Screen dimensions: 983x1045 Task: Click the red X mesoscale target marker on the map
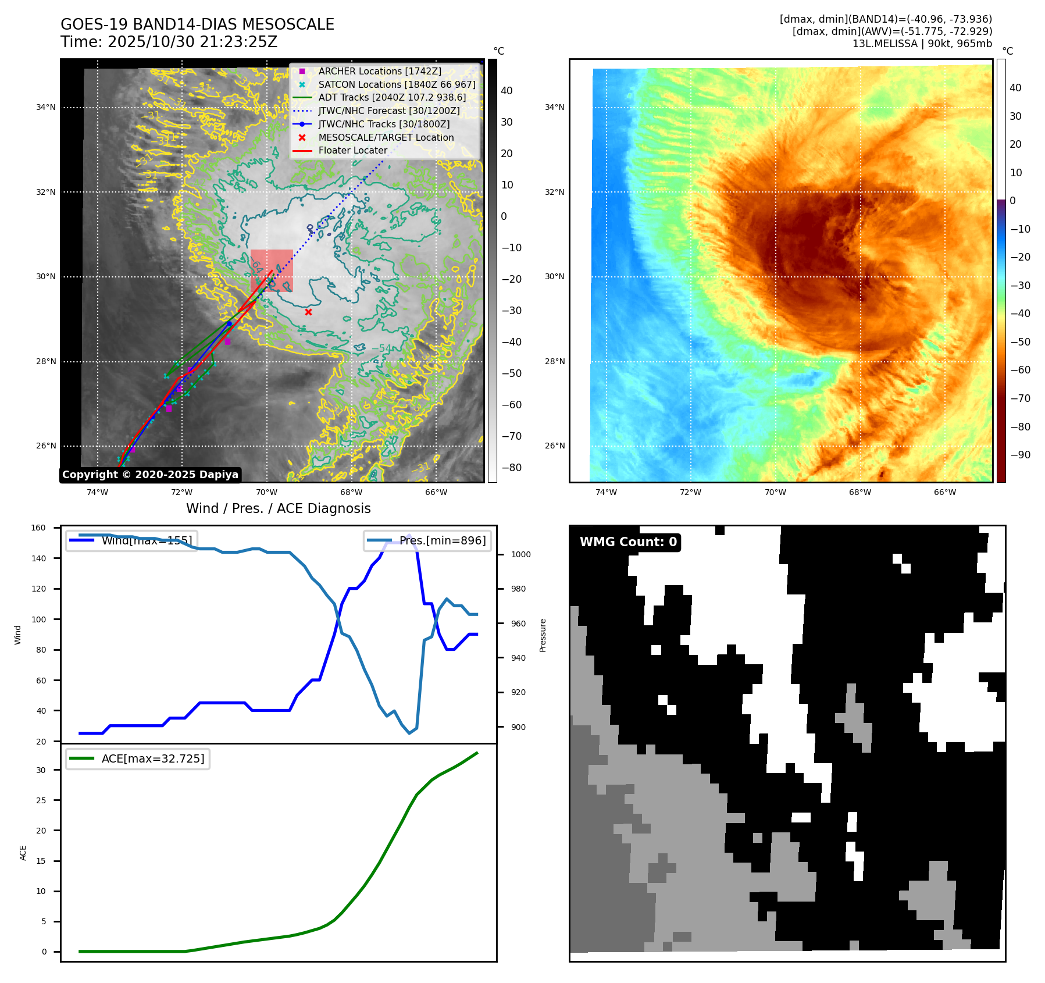click(308, 312)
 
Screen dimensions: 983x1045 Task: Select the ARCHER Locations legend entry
click(379, 71)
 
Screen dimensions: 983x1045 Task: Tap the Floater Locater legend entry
click(352, 150)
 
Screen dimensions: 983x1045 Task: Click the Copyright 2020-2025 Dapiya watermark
click(150, 475)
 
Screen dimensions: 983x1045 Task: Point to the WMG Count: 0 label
click(628, 542)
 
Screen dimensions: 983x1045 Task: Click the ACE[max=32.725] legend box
click(138, 758)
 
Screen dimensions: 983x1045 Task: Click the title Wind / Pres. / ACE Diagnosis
click(278, 508)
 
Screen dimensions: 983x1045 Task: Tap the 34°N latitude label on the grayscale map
click(46, 107)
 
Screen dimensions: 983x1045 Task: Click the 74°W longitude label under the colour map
click(606, 492)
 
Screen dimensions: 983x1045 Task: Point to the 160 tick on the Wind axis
click(38, 528)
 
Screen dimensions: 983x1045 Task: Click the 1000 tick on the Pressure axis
click(520, 554)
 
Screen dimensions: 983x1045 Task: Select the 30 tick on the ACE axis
click(41, 770)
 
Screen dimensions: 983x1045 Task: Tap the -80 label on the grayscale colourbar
click(511, 468)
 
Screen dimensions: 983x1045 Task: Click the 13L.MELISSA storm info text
click(922, 44)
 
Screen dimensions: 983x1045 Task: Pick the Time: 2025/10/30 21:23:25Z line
click(169, 42)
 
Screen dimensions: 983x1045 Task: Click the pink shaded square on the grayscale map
click(272, 270)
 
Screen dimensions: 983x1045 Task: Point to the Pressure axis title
click(543, 635)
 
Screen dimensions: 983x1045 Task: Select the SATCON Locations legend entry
click(397, 84)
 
